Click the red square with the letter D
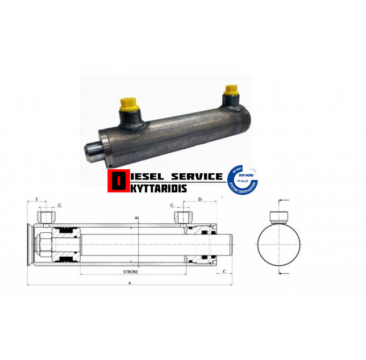pyautogui.click(x=118, y=181)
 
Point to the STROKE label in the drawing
pyautogui.click(x=130, y=272)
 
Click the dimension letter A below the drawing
pyautogui.click(x=130, y=282)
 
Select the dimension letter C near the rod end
pyautogui.click(x=225, y=272)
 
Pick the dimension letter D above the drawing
pyautogui.click(x=200, y=200)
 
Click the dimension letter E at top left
pyautogui.click(x=37, y=200)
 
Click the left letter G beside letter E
pyautogui.click(x=59, y=206)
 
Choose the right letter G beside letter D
pyautogui.click(x=171, y=206)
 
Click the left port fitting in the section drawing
pyautogui.click(x=46, y=217)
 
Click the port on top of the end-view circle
pyautogui.click(x=278, y=214)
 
